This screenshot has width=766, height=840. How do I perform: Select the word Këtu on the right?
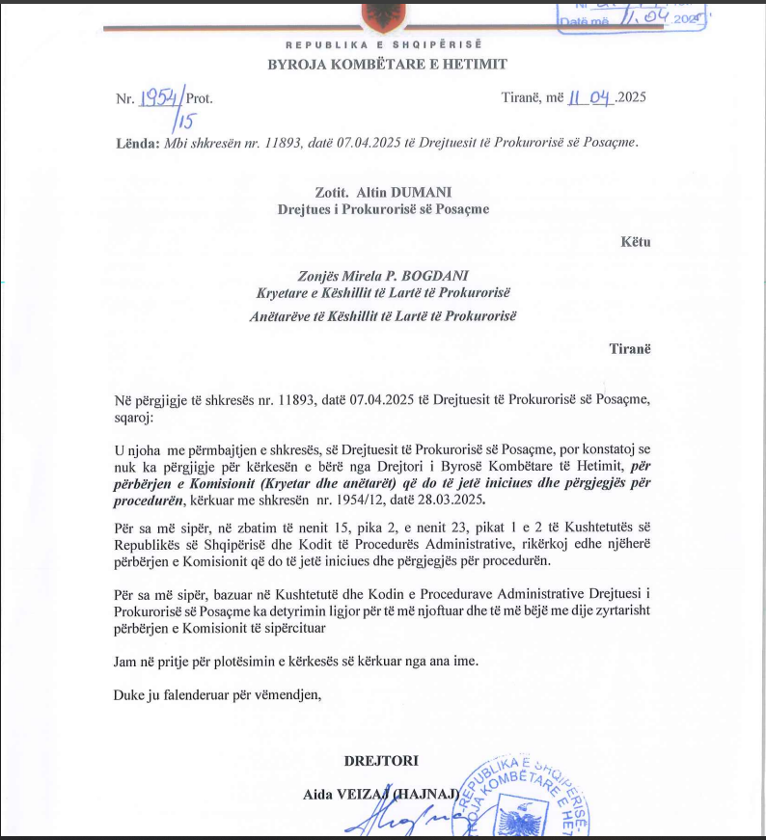click(636, 241)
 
